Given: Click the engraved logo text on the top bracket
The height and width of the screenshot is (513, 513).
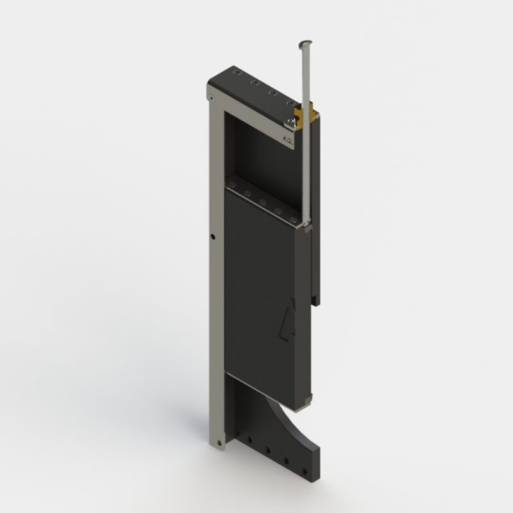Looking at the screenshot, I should (x=287, y=138).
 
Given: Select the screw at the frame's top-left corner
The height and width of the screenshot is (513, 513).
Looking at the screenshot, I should (x=211, y=97).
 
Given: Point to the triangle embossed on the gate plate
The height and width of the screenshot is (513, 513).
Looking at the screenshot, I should (x=288, y=321).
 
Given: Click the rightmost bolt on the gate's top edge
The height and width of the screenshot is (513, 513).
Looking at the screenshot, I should (x=294, y=221).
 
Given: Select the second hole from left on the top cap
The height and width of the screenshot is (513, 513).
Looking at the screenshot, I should (x=255, y=83).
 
